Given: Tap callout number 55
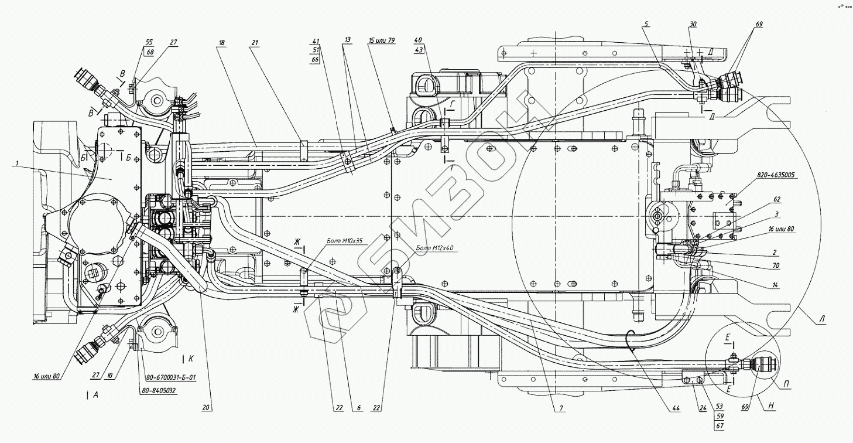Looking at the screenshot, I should [149, 43].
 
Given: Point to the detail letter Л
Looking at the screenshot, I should [823, 320].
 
